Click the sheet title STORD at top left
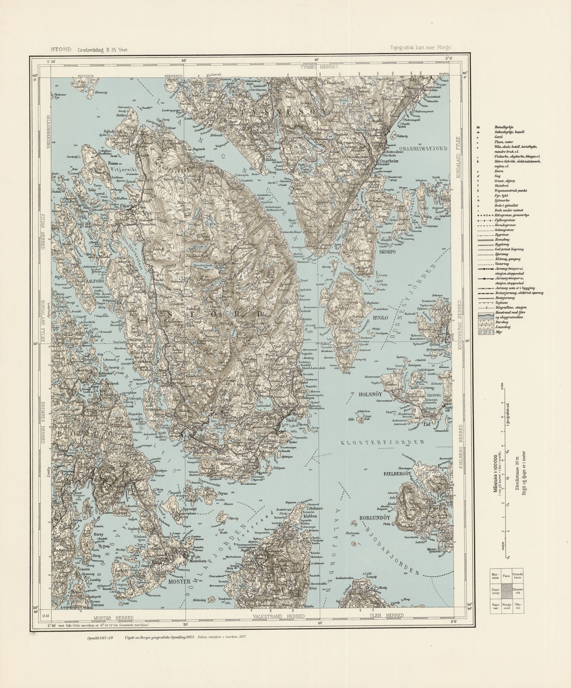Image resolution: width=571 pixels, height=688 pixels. pyautogui.click(x=60, y=49)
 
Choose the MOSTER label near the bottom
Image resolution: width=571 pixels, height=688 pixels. pyautogui.click(x=180, y=581)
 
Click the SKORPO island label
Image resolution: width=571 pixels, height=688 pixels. pyautogui.click(x=387, y=251)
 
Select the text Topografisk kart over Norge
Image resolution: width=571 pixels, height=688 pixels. pyautogui.click(x=419, y=47)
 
